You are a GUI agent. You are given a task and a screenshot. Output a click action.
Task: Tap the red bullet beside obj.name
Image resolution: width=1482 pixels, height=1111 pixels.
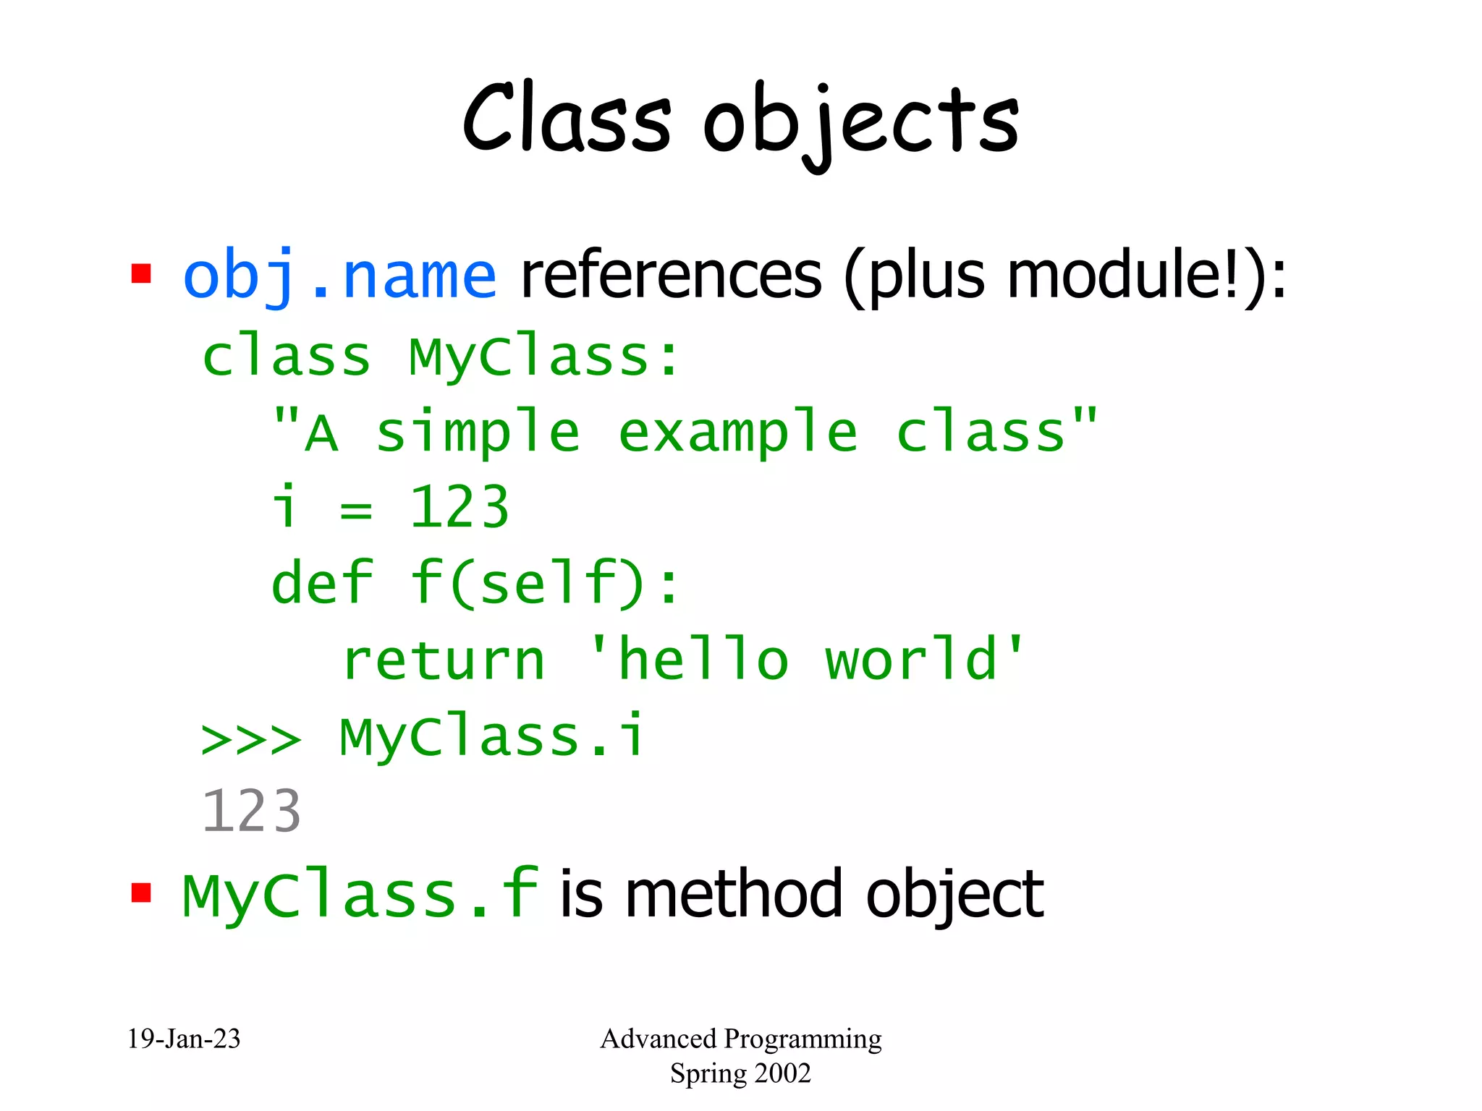[141, 274]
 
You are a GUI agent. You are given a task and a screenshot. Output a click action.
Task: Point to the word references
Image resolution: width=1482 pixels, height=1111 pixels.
[671, 276]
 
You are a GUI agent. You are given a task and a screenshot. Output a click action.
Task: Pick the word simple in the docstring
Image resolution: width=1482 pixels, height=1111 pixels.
[478, 433]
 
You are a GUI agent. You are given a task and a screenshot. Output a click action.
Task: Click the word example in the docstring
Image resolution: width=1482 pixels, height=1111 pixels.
[738, 433]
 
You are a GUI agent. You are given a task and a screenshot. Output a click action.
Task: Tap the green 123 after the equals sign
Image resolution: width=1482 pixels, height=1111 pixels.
[460, 508]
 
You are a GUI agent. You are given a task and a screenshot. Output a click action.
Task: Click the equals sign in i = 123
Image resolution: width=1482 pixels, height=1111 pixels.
[356, 511]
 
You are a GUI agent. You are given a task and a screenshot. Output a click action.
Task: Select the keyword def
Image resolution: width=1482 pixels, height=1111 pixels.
[322, 583]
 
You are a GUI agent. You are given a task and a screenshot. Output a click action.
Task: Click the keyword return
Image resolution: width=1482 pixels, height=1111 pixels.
[444, 660]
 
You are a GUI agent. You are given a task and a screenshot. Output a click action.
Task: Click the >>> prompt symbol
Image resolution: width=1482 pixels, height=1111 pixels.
[250, 739]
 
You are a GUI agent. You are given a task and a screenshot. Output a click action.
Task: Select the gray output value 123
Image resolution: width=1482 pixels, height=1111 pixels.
[250, 812]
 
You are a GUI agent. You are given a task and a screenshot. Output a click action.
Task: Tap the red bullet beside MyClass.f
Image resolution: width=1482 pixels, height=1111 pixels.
[141, 893]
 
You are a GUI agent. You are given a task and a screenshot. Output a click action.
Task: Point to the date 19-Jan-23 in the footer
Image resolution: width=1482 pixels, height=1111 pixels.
[184, 1039]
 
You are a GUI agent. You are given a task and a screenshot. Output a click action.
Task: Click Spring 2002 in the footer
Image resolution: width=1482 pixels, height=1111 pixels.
[740, 1073]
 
